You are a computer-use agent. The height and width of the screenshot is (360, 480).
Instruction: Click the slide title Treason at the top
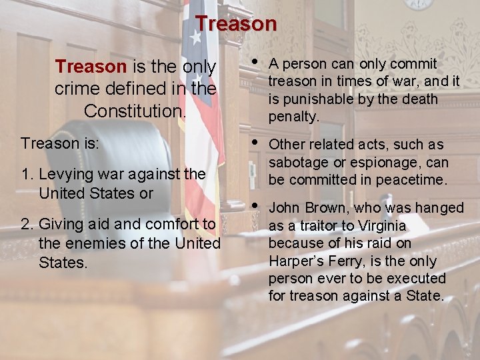coord(236,24)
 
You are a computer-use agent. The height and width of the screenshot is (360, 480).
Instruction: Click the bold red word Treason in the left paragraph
coord(91,67)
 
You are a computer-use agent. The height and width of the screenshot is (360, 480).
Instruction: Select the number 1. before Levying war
coord(27,175)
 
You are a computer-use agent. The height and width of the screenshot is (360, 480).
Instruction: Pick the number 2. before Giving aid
coord(27,224)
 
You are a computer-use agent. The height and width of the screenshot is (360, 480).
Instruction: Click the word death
coord(415,99)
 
